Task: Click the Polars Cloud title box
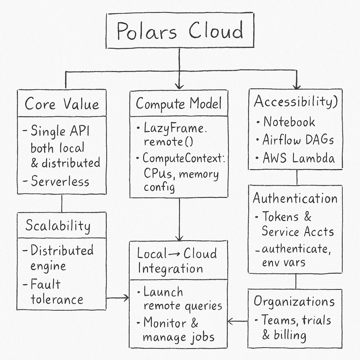click(179, 31)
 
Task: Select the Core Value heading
click(62, 104)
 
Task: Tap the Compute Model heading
click(179, 104)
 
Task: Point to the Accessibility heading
click(296, 102)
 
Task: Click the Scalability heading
click(58, 225)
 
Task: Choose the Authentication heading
click(295, 198)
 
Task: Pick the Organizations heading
click(294, 301)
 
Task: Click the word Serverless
click(60, 181)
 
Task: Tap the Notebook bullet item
click(289, 122)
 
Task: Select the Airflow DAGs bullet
click(298, 140)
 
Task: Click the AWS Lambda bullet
click(299, 158)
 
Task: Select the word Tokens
click(280, 217)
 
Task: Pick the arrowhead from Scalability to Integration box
click(126, 298)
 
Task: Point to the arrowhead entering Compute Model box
click(179, 86)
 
